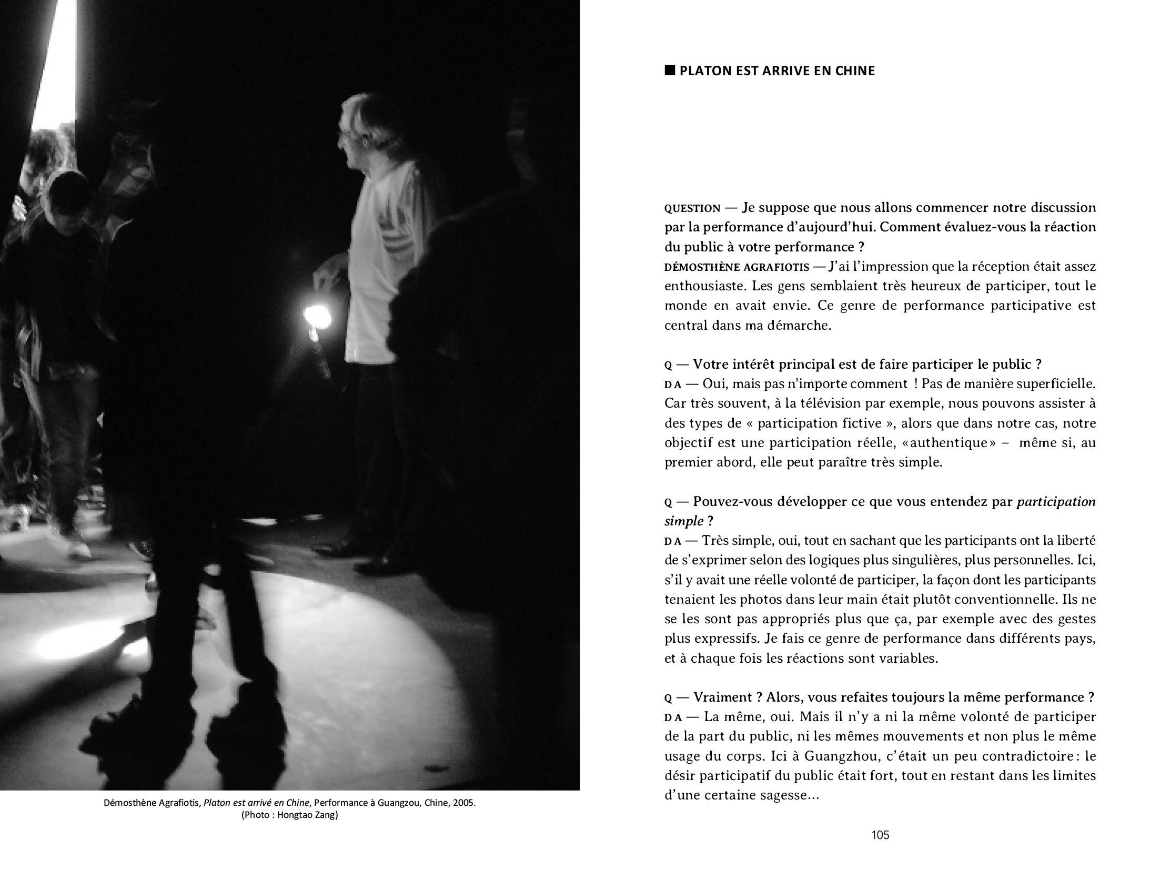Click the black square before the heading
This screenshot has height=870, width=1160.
click(x=670, y=70)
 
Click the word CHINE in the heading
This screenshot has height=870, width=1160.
click(x=855, y=71)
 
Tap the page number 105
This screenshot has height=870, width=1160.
click(x=880, y=835)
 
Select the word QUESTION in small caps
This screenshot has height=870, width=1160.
click(x=692, y=208)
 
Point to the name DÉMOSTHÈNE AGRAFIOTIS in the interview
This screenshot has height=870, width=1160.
click(x=737, y=267)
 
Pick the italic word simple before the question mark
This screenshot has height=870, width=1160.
click(x=683, y=521)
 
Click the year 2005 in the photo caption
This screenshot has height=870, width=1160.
click(x=465, y=804)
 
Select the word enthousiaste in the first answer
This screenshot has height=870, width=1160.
click(x=704, y=287)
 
